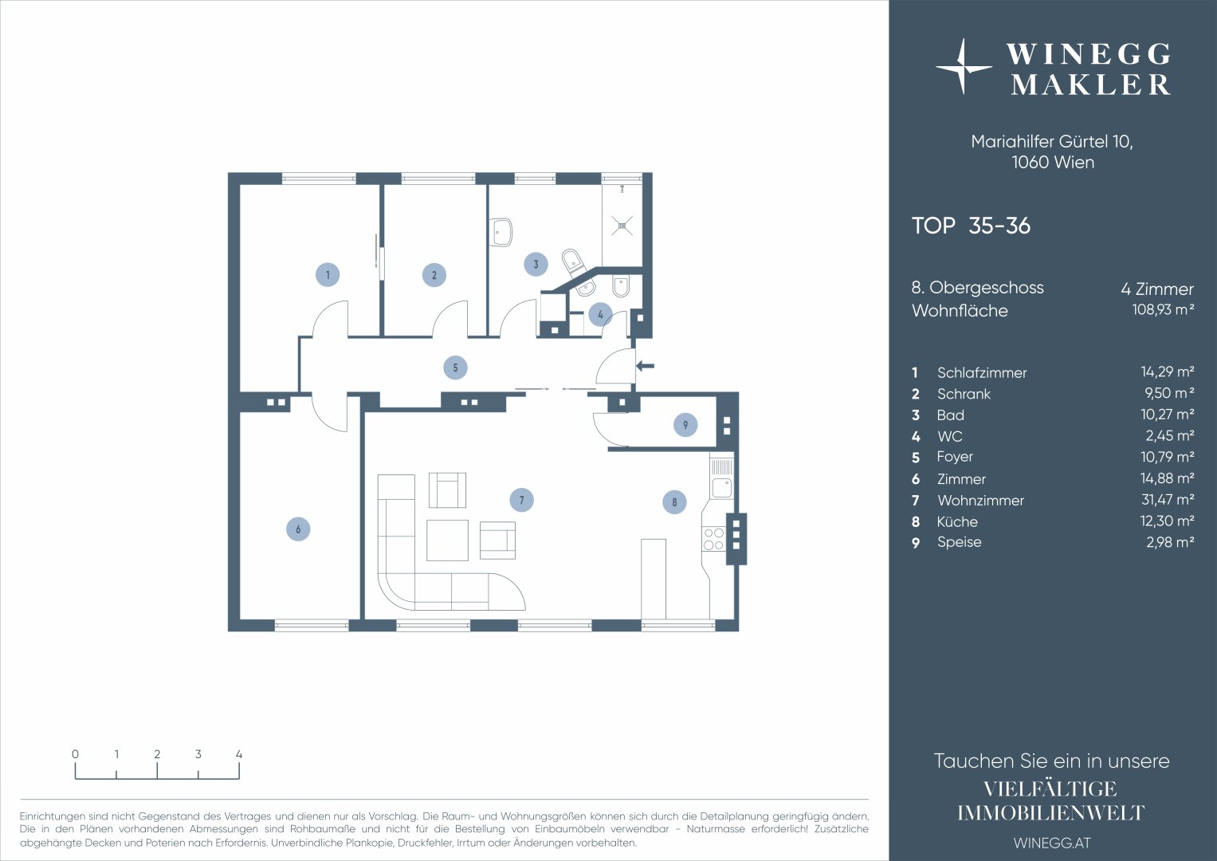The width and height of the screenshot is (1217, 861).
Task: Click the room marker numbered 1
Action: pos(328,274)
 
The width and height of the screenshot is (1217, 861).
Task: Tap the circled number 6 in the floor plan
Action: pos(298,529)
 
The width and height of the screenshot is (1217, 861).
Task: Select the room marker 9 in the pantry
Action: pos(685,424)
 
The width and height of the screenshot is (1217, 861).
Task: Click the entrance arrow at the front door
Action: pos(645,366)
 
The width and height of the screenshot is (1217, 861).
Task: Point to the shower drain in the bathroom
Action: pos(622,226)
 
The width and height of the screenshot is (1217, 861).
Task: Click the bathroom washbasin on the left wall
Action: pos(501,233)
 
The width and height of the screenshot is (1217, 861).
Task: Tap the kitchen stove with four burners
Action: pos(714,539)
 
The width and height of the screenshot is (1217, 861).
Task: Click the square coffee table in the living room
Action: pos(447,541)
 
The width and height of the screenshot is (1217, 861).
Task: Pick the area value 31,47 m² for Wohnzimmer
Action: pos(1167,500)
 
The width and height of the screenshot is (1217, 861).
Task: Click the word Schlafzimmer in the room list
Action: pos(982,373)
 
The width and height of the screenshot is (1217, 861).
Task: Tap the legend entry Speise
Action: pos(959,542)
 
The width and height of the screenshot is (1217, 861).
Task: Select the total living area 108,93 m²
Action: pos(1163,310)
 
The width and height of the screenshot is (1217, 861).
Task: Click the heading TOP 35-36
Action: pos(971,226)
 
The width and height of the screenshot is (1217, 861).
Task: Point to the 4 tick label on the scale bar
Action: pos(239,754)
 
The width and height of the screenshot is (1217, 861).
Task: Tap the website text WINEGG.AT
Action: pos(1052,843)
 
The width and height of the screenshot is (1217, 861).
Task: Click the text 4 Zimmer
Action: pos(1157,289)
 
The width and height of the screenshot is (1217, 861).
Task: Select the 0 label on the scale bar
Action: pos(75,754)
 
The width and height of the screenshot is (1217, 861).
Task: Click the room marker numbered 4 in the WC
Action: pos(600,314)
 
